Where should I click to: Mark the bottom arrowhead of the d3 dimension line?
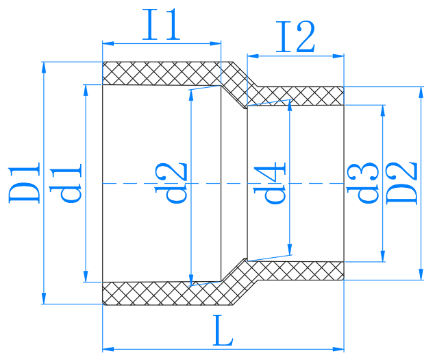point(382,256)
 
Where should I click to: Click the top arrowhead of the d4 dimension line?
point(290,104)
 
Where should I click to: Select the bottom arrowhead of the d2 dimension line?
point(191,280)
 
